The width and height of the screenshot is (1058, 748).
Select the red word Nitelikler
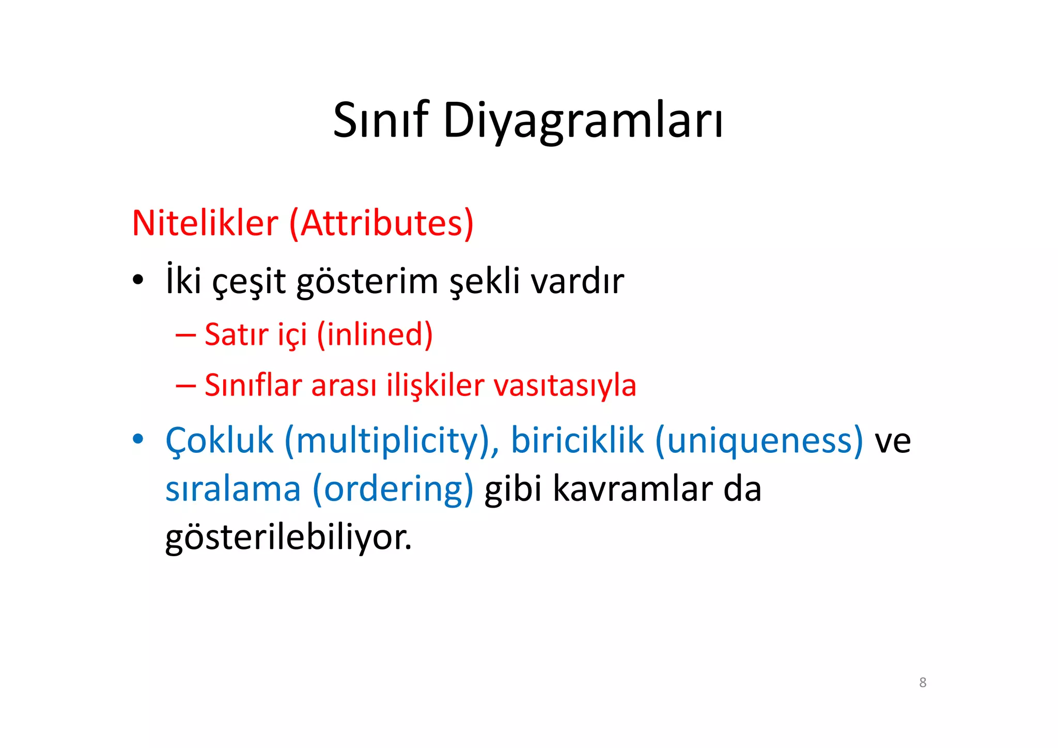tap(205, 223)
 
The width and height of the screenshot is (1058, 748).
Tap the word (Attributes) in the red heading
tap(381, 223)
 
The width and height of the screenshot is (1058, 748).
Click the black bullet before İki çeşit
tap(137, 281)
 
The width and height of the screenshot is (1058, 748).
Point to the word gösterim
tap(367, 282)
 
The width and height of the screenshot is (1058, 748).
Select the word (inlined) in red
tap(375, 334)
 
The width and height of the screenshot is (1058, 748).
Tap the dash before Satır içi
tap(185, 335)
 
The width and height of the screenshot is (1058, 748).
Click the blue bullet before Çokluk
tap(137, 439)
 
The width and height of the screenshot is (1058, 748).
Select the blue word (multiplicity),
tap(392, 441)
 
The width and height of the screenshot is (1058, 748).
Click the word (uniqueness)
tap(759, 441)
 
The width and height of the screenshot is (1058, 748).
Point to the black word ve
tap(892, 441)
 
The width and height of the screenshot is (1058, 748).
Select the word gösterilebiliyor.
tap(288, 538)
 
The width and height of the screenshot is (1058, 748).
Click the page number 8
tap(923, 682)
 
